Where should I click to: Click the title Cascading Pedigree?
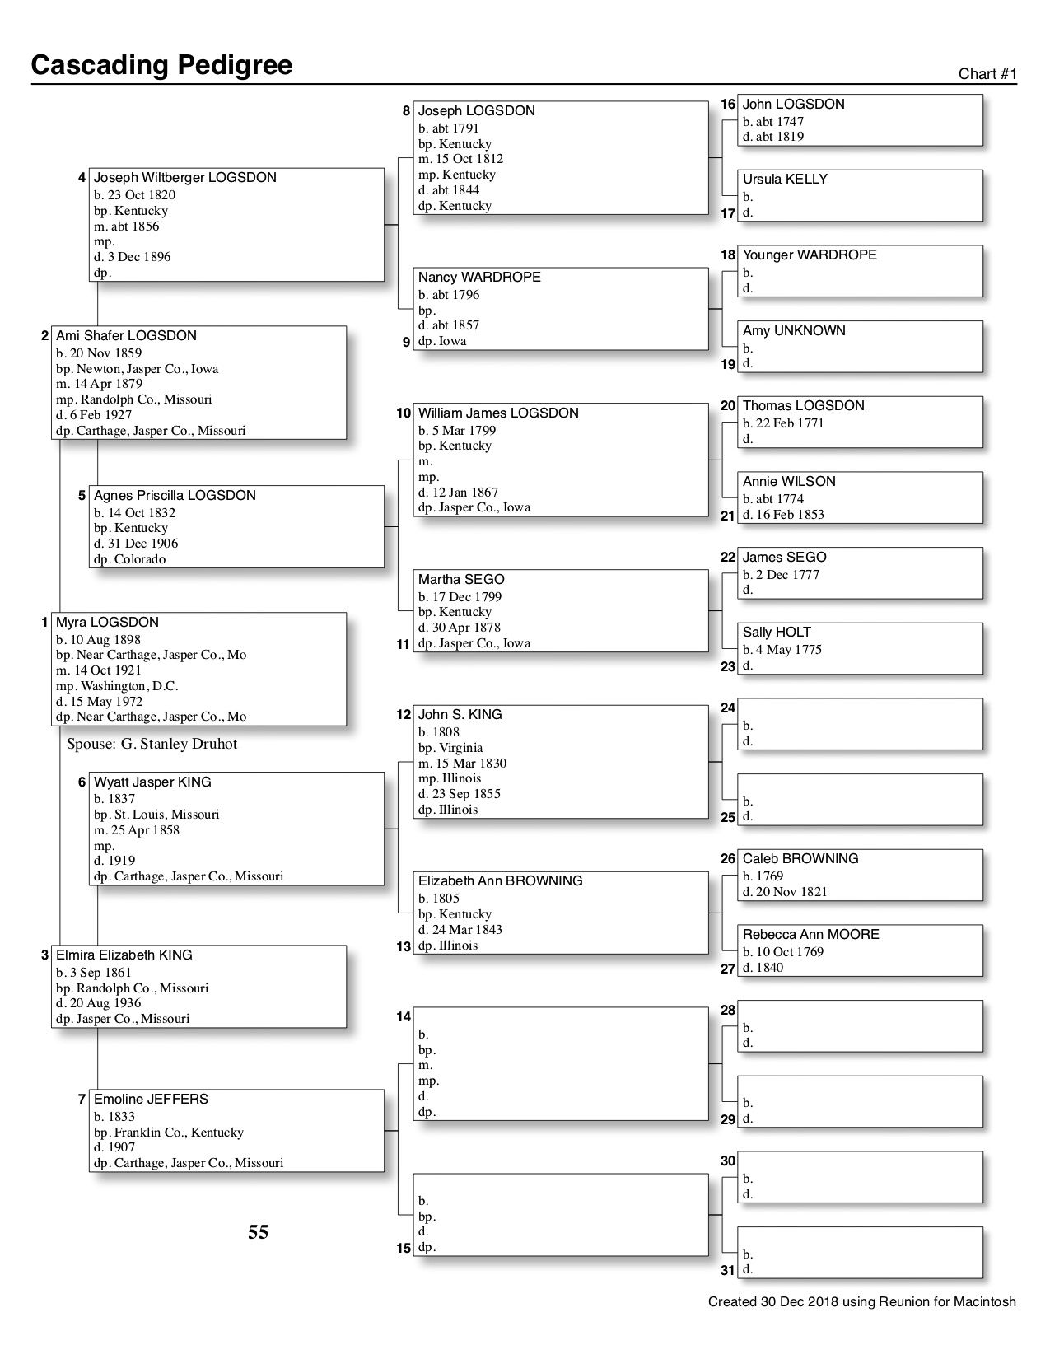[161, 65]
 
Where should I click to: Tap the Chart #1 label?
[987, 74]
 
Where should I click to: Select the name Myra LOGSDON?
[107, 623]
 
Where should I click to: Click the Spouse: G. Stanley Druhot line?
[152, 744]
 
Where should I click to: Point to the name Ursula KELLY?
[785, 180]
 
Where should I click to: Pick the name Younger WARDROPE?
[810, 255]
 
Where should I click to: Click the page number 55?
[259, 1232]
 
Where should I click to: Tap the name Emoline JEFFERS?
[151, 1100]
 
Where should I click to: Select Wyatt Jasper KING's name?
[152, 782]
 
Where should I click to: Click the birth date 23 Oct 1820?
[140, 195]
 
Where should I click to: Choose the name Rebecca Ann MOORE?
[810, 935]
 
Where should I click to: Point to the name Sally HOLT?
[777, 633]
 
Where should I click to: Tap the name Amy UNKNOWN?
[794, 331]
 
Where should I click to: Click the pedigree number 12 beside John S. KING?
[404, 715]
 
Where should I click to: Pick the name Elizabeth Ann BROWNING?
[500, 881]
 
